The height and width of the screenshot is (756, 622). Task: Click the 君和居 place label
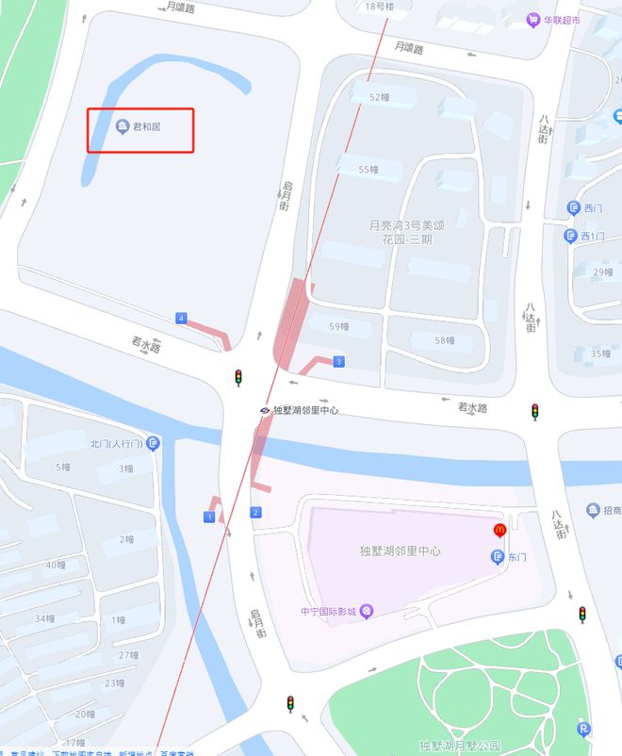pos(146,127)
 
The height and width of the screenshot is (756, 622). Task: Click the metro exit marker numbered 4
pos(180,319)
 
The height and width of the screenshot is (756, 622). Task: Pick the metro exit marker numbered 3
pos(338,361)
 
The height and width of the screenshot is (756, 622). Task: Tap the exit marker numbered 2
pos(255,512)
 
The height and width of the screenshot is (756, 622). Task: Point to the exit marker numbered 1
pos(208,517)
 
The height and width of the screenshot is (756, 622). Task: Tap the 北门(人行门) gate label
pos(116,443)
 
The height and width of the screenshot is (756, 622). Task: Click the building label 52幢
pos(379,97)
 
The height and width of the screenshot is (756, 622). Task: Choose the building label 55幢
pos(368,170)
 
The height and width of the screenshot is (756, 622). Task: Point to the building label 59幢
pos(338,327)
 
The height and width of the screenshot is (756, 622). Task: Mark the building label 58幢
pos(445,340)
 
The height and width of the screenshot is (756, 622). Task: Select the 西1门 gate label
pos(591,236)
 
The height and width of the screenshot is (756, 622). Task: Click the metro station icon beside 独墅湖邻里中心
pos(266,410)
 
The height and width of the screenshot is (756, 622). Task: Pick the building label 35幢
pos(600,353)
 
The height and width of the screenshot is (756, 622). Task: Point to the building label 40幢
pos(56,566)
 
